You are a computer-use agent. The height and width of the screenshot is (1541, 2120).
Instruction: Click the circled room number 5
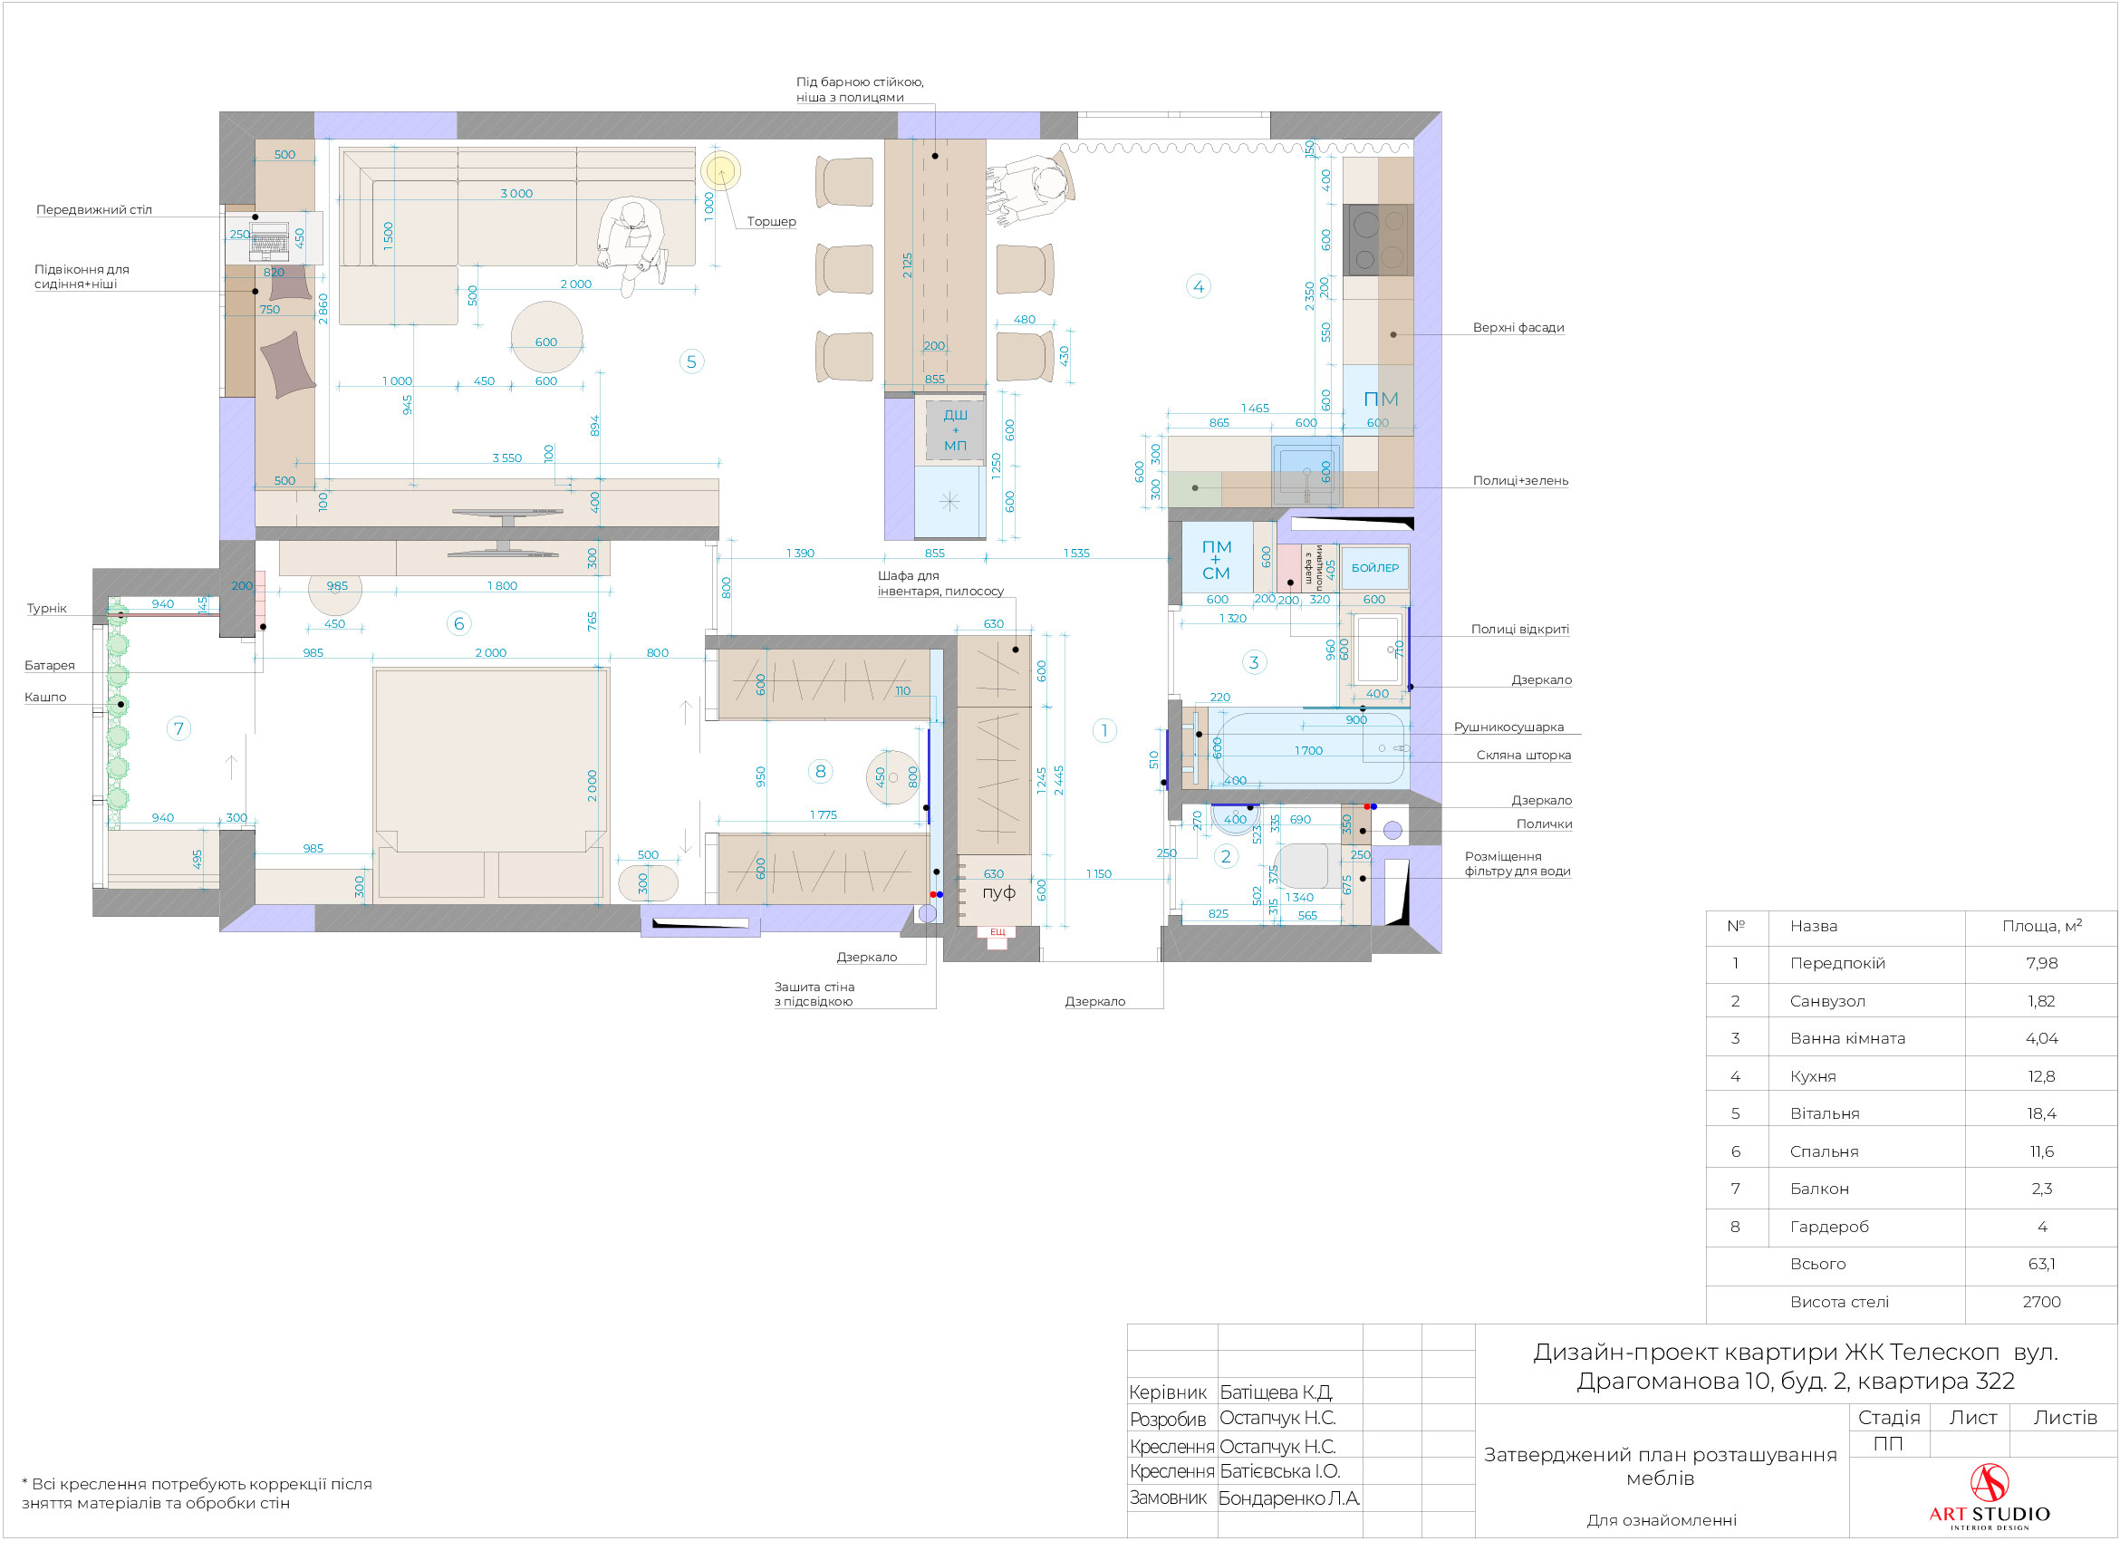[x=690, y=361]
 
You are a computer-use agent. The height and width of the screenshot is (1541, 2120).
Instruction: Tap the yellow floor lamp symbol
[x=720, y=171]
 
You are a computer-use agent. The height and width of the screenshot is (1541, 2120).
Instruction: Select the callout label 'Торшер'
[x=771, y=221]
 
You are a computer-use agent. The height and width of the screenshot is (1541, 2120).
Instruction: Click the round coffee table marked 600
[x=547, y=337]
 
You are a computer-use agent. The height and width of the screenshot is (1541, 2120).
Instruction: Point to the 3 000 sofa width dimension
[x=516, y=194]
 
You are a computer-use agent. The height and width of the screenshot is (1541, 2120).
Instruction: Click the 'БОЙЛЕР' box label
[x=1375, y=567]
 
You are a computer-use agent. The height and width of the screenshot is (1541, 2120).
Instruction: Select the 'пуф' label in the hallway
[x=998, y=891]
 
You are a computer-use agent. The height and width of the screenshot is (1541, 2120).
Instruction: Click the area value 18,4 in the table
[x=2041, y=1113]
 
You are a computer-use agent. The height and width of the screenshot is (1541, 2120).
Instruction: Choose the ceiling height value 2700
[x=2041, y=1301]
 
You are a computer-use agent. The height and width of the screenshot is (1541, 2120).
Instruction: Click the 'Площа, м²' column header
[x=2041, y=925]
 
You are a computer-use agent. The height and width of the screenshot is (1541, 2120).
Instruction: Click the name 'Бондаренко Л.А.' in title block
[x=1289, y=1498]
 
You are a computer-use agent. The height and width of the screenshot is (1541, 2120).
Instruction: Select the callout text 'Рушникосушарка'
[x=1508, y=727]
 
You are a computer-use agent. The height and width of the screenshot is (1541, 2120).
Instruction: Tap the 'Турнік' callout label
[x=47, y=609]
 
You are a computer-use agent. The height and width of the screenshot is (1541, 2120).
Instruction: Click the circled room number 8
[x=820, y=771]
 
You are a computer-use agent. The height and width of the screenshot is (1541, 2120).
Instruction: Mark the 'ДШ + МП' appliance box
[x=954, y=429]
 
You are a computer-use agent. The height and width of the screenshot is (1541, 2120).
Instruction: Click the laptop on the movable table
[x=269, y=241]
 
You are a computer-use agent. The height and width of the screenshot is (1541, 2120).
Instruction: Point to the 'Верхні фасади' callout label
[x=1518, y=328]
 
